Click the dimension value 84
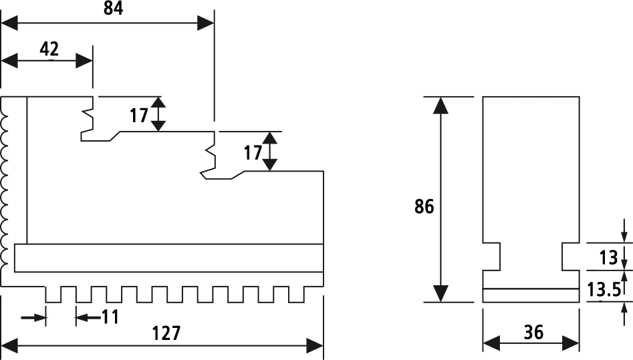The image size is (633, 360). coord(113,9)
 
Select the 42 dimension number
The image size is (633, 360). coord(49,49)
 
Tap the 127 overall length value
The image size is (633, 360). coord(166,333)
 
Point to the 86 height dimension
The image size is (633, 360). coord(424,206)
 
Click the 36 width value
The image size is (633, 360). coord(533,332)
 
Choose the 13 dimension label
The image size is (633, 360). coord(609,258)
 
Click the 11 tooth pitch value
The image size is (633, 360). coord(110,317)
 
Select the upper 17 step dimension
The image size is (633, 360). coord(139,116)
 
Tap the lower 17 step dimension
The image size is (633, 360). coord(253,154)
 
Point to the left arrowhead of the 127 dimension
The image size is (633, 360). coord(9,346)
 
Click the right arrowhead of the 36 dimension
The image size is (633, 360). coord(572,343)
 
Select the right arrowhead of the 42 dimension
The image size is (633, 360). coord(84,61)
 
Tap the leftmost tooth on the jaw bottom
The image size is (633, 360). coord(53,295)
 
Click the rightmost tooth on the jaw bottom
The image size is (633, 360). coord(296,295)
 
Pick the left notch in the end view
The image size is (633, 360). coord(492,256)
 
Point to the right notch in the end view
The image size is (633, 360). coord(571,256)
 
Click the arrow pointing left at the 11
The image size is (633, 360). coord(88,318)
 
